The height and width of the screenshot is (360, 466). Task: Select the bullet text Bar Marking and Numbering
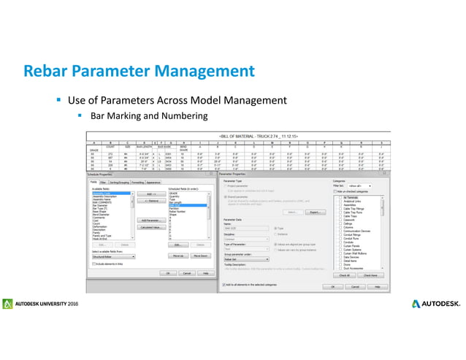[149, 115]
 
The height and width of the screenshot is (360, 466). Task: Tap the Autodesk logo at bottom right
[436, 303]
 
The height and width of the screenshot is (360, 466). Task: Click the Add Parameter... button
[150, 220]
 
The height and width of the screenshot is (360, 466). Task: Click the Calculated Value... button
[150, 227]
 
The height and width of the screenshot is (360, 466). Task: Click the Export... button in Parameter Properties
[315, 212]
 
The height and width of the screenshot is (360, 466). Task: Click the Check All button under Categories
[344, 275]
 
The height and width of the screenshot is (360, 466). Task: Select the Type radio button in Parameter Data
[272, 229]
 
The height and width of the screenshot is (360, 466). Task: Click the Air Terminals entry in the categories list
[351, 197]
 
